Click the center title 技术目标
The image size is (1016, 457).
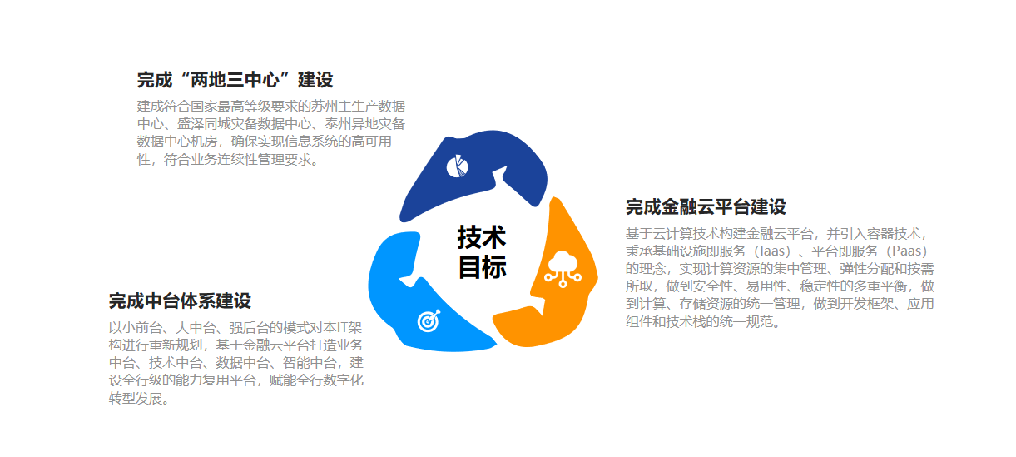tap(482, 252)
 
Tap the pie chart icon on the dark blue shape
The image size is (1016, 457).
tap(457, 166)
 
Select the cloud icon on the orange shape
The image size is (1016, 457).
tap(563, 269)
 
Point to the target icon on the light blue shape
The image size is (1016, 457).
tap(429, 320)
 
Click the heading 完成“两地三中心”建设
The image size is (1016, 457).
tap(235, 80)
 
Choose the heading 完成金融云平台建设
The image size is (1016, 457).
tap(706, 207)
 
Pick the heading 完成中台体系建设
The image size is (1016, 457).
tap(180, 301)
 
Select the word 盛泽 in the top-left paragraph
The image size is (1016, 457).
tap(190, 124)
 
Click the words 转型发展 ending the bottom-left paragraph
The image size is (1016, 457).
tap(136, 399)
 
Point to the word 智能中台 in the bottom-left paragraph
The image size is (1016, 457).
tap(310, 363)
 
